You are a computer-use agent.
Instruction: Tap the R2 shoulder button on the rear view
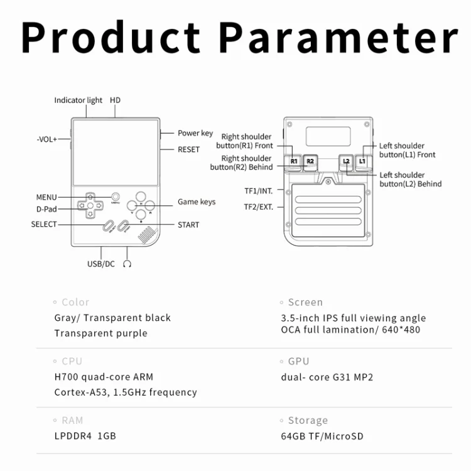coord(310,162)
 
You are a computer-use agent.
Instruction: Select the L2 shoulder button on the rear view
coord(346,162)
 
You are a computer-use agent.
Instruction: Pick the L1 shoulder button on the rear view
coord(363,162)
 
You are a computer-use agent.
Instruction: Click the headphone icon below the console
coord(127,264)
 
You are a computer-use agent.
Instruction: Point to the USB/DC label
coord(101,264)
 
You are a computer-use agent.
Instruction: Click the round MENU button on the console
coord(116,197)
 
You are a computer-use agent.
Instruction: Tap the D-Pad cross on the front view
coord(90,205)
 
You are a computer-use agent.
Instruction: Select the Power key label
coord(195,133)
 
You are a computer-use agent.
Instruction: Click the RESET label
coord(188,149)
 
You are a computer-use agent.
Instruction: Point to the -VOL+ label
coord(47,139)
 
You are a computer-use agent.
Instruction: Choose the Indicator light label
coord(78,100)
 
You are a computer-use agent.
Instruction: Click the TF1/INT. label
coord(259,191)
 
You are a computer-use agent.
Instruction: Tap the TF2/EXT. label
coord(259,207)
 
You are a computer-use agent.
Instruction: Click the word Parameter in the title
coord(338,38)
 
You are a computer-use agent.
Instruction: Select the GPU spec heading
coord(298,361)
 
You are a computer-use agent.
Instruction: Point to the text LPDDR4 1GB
coord(85,436)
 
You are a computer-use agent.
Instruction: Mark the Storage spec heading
coord(308,421)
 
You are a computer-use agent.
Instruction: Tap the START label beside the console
coord(188,225)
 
